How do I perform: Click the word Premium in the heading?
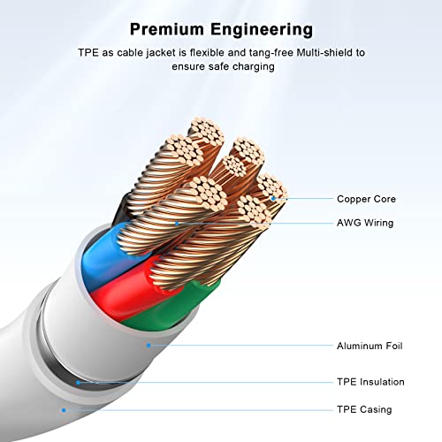[167, 29]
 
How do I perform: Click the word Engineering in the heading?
[262, 30]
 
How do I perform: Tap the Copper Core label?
[366, 199]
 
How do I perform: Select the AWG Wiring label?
[365, 223]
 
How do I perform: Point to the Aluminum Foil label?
[370, 346]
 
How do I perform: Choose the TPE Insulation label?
[370, 382]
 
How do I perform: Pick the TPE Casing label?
[364, 409]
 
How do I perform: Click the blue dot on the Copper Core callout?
[273, 199]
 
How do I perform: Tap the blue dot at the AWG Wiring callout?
[177, 224]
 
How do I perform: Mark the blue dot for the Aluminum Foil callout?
[149, 345]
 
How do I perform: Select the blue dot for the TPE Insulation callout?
[78, 383]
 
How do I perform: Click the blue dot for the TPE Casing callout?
[64, 410]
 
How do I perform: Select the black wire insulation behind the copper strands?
[120, 210]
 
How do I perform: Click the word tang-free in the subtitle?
[271, 53]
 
